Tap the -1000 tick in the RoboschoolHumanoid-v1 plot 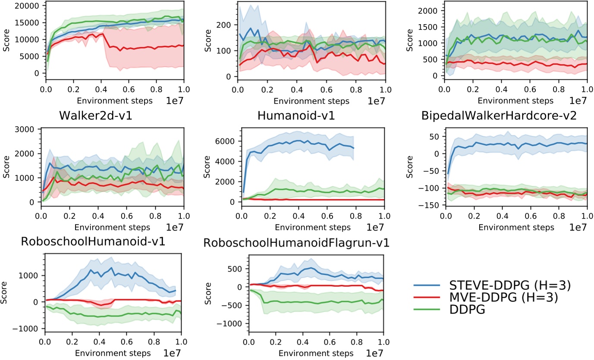[28, 329]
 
